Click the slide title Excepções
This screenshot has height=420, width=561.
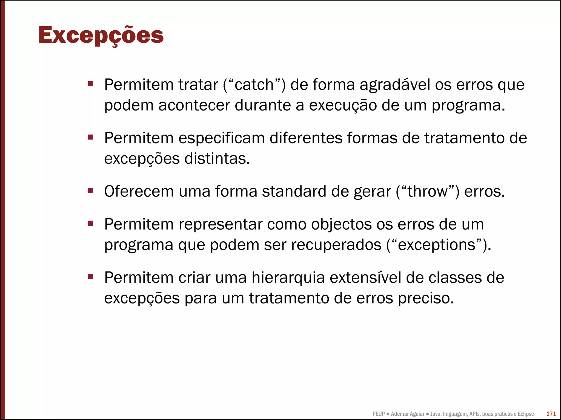point(101,36)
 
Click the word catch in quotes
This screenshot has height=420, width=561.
point(254,85)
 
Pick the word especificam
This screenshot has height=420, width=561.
point(222,138)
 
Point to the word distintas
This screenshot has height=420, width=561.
point(217,158)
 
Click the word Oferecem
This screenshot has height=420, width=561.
point(139,191)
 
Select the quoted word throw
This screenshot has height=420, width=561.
point(427,191)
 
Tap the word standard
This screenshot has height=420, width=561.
point(294,191)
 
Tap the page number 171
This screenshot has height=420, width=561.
point(551,414)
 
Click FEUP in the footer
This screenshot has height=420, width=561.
point(379,414)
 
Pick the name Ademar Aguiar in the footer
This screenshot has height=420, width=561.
point(408,414)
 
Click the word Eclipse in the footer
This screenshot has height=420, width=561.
point(526,414)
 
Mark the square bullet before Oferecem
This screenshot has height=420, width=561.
point(90,190)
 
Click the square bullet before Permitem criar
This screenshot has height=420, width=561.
point(90,277)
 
